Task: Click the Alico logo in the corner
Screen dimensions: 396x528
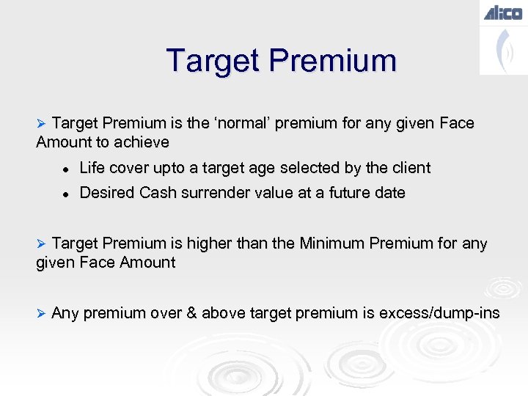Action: coord(502,12)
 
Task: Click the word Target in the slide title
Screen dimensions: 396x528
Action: coord(213,60)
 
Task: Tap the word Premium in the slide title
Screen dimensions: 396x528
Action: coord(334,60)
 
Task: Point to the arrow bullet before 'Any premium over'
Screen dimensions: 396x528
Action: coord(42,313)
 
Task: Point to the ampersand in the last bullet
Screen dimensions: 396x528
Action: coord(191,314)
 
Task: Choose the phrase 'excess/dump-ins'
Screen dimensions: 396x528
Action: coord(440,314)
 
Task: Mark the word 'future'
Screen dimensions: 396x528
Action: coord(345,193)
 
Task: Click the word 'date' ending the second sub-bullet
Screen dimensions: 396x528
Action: coord(389,193)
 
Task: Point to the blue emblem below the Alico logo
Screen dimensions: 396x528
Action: coord(502,50)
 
